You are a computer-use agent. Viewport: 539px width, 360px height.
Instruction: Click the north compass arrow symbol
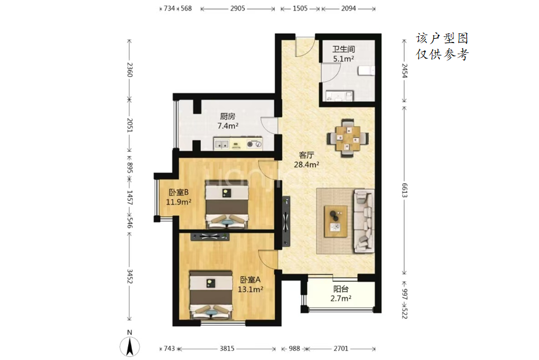click(x=129, y=346)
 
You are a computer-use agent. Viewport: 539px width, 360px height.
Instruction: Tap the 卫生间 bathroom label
click(x=343, y=49)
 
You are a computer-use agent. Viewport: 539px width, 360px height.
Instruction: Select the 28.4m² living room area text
click(x=307, y=165)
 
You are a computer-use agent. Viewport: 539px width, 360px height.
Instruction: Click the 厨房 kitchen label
click(x=227, y=117)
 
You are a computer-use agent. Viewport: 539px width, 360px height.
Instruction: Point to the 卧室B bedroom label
click(x=179, y=192)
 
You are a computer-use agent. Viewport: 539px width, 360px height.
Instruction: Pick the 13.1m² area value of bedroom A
click(x=251, y=290)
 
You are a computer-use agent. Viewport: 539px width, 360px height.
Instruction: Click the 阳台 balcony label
click(x=341, y=290)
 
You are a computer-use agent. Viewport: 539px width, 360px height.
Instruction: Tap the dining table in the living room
click(x=348, y=138)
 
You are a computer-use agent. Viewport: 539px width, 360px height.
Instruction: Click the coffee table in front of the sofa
click(x=336, y=221)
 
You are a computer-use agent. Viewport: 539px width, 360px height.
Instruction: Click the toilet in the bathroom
click(x=366, y=71)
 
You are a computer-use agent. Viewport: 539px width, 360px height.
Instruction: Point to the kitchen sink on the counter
click(x=222, y=144)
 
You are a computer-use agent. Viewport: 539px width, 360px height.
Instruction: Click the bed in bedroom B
click(x=227, y=204)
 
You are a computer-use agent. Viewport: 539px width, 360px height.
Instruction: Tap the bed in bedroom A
click(x=211, y=295)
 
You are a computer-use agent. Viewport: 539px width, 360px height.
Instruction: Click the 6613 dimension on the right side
click(x=405, y=190)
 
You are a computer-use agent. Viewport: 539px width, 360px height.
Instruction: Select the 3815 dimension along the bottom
click(x=227, y=349)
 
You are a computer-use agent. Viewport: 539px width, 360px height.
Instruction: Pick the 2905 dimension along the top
click(x=238, y=9)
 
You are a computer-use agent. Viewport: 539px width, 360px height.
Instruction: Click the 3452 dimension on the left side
click(x=130, y=276)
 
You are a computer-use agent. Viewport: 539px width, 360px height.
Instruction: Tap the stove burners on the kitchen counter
click(x=254, y=144)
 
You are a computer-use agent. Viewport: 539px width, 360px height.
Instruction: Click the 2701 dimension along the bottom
click(x=341, y=349)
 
